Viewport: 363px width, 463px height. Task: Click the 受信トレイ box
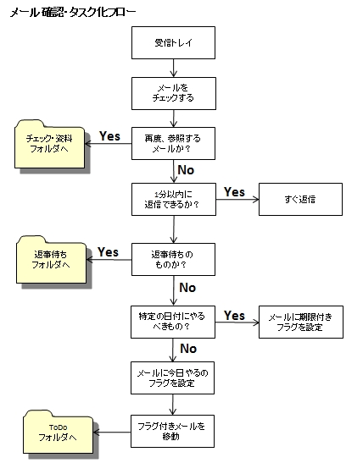[173, 43]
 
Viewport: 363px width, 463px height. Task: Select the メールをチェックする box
[174, 94]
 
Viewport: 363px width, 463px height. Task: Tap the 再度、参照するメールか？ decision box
[173, 144]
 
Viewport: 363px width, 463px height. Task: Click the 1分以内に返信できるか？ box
[174, 199]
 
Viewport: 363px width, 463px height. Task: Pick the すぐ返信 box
[300, 199]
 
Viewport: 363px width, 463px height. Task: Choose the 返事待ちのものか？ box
[173, 260]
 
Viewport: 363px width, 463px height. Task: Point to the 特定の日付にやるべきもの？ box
[173, 322]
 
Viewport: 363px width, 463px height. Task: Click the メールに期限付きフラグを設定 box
[301, 322]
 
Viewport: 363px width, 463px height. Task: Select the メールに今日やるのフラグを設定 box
[172, 378]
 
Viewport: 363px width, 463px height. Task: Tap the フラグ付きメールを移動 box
[172, 431]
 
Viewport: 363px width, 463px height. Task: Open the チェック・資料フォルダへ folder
[50, 145]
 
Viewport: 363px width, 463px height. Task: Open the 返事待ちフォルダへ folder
[51, 261]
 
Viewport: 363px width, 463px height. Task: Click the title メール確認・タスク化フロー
[73, 13]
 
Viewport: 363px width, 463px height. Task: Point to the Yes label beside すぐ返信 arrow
[234, 192]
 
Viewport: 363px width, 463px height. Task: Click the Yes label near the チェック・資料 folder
[109, 136]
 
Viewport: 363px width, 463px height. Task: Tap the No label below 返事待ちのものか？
[187, 288]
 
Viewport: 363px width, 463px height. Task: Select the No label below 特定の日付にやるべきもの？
[188, 349]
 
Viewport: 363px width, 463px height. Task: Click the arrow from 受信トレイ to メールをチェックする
[174, 69]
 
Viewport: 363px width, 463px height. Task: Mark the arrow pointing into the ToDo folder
[112, 433]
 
